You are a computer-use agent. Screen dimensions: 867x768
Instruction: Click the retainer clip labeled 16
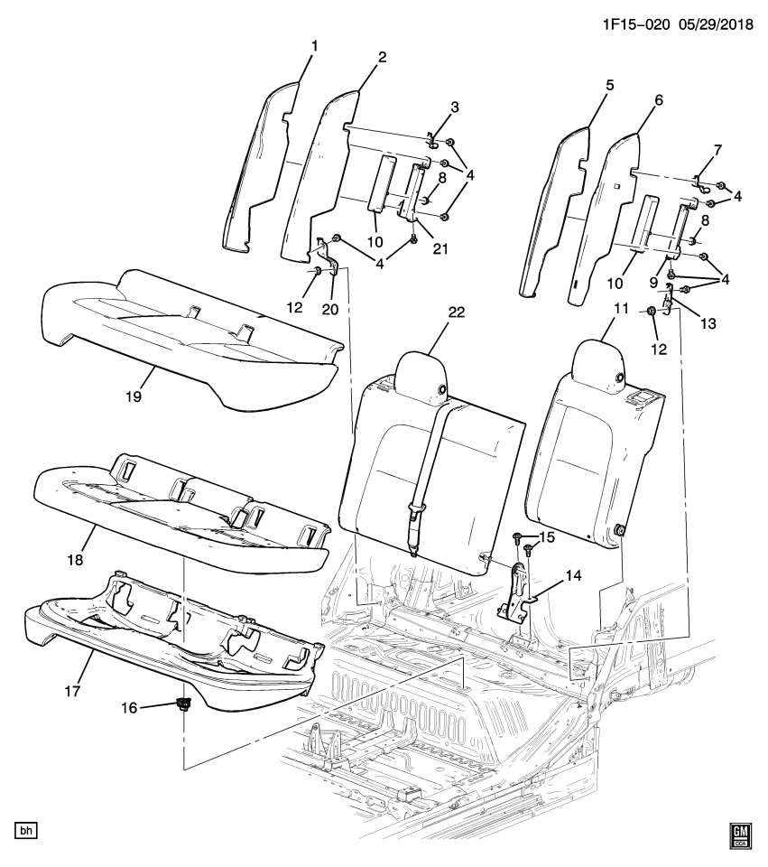[x=185, y=705]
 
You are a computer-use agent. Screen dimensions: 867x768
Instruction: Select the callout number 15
[x=547, y=538]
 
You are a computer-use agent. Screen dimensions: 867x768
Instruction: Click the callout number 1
[x=314, y=44]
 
